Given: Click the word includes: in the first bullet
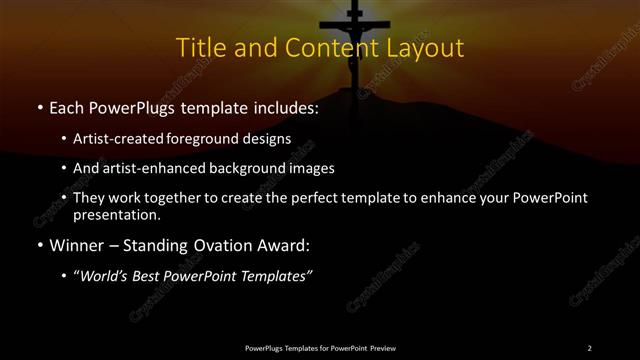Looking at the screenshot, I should tap(283, 106).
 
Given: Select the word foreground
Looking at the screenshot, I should tap(218, 138).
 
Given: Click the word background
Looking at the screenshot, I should tap(242, 168).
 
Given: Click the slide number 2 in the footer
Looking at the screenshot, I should tap(589, 347).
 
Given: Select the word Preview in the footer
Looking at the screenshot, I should tap(379, 347).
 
